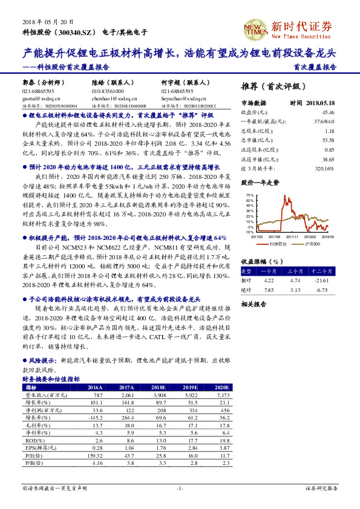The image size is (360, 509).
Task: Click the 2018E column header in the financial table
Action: point(159,387)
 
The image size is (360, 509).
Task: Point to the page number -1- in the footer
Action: point(180,488)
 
